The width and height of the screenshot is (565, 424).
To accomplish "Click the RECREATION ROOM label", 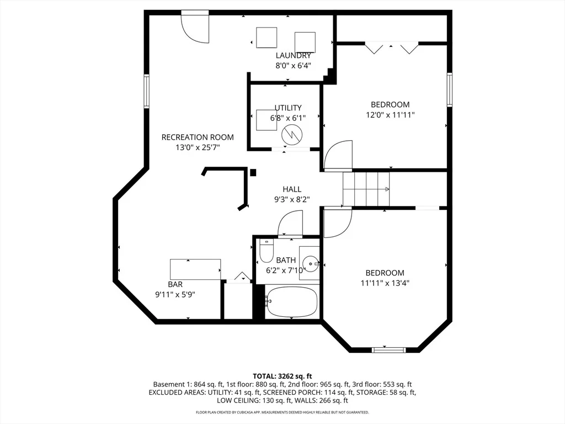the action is click(198, 137).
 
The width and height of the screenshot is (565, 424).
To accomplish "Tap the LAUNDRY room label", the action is click(294, 56).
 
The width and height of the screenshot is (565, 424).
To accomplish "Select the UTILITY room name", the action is click(288, 108).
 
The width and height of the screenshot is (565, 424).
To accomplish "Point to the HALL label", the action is click(292, 189).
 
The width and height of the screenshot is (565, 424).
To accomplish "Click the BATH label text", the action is click(286, 260).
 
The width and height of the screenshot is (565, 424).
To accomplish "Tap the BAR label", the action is click(175, 284).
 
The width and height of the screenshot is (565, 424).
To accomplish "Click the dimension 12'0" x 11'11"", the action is click(390, 115).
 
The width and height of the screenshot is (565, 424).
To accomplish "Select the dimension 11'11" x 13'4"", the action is click(385, 283).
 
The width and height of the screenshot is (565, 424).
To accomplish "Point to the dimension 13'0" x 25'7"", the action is click(198, 147).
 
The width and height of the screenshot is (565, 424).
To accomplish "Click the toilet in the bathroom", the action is click(266, 250).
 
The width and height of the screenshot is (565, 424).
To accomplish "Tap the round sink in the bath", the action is click(310, 264).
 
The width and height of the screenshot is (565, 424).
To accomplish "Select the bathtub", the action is click(291, 302).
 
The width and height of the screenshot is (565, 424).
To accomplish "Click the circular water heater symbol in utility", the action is click(291, 135).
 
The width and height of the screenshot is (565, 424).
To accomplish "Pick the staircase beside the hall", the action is click(366, 189).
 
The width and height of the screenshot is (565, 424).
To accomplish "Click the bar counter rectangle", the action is click(196, 269).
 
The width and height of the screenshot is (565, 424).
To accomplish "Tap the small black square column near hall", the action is click(253, 173).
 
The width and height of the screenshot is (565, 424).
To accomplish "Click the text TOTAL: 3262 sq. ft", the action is click(282, 377).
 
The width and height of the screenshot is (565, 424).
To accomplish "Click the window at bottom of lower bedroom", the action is click(389, 349).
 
